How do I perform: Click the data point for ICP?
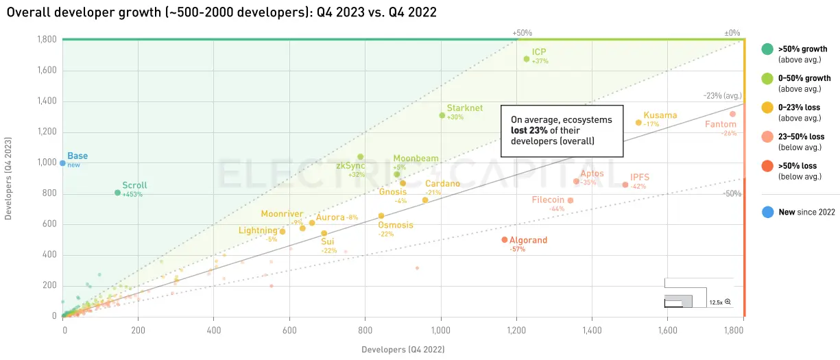tap(526, 59)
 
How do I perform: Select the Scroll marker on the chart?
tap(117, 193)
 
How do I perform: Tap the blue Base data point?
tap(62, 163)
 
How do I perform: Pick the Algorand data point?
tap(504, 239)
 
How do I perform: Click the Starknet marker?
tap(442, 115)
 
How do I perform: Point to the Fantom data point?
tap(732, 114)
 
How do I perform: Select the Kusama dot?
tap(638, 123)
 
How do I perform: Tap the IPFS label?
tap(639, 177)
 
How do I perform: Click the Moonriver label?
tap(281, 214)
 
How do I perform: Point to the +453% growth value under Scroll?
tap(132, 195)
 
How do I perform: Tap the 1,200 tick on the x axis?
tap(516, 331)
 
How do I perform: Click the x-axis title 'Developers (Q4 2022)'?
tap(403, 350)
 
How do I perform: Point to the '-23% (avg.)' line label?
tap(721, 96)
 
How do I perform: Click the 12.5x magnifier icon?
tap(728, 302)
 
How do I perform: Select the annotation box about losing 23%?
tap(562, 130)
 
